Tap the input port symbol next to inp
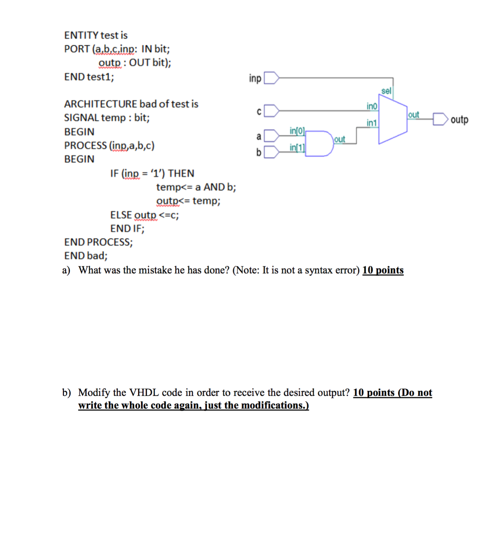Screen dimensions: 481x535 coord(272,78)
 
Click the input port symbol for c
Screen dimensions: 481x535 coord(272,111)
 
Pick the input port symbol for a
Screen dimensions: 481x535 coord(272,136)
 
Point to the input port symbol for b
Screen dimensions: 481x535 coord(272,152)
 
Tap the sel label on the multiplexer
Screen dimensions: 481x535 coord(386,91)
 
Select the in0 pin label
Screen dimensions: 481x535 coord(372,106)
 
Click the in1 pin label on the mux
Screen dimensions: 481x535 coord(372,123)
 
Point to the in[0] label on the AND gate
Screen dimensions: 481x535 coord(297,131)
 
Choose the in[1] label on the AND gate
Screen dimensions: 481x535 coord(297,147)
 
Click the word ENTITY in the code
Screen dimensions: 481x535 coord(81,35)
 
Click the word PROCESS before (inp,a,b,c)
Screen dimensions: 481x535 coord(85,146)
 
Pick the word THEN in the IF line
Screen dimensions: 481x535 coord(181,173)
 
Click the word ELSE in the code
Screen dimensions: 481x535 coord(121,215)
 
